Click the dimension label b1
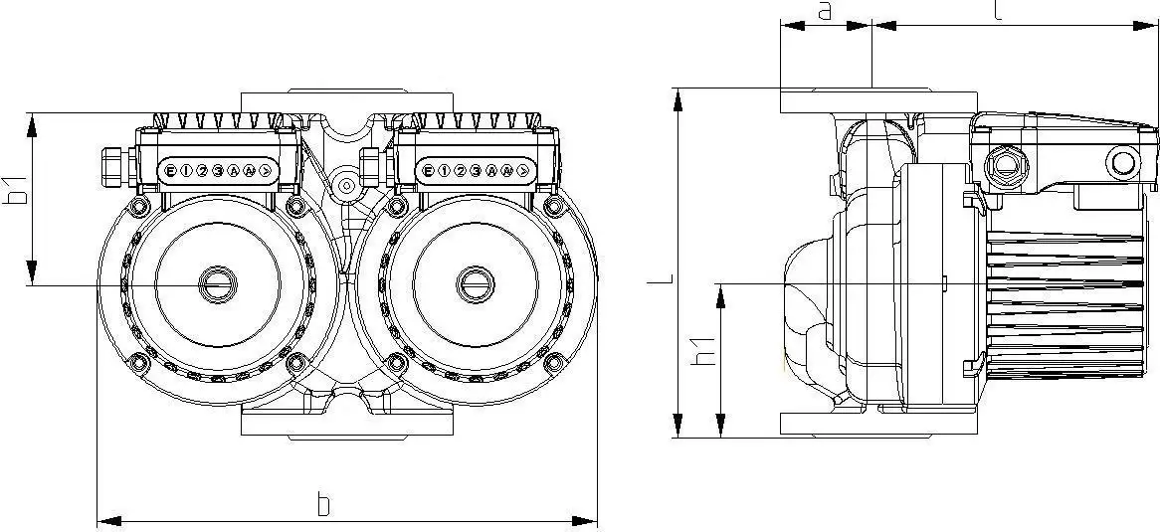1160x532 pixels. (x=14, y=191)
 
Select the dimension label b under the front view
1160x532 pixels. (x=322, y=504)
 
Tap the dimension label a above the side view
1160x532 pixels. (x=824, y=11)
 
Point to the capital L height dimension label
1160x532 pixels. (x=654, y=280)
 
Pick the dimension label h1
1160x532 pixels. (x=704, y=351)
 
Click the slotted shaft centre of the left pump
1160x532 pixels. (x=214, y=285)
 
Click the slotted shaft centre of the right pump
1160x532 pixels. (x=476, y=285)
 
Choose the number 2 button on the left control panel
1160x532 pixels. (x=202, y=171)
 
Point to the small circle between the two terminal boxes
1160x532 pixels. (x=346, y=185)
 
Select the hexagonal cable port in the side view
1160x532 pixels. (x=999, y=163)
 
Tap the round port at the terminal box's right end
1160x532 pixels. (x=1122, y=163)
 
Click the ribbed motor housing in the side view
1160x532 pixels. (x=1064, y=298)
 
